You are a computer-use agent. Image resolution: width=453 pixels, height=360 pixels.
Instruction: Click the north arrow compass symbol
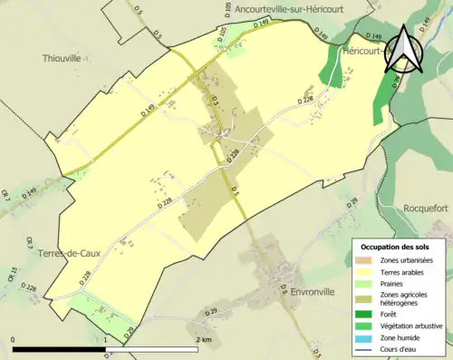(x=404, y=51)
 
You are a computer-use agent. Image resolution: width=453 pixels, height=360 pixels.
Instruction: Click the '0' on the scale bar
(x=14, y=339)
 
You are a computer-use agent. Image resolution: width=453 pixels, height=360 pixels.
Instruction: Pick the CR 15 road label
(x=14, y=271)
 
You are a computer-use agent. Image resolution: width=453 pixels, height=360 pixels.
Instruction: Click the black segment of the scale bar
(x=60, y=350)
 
